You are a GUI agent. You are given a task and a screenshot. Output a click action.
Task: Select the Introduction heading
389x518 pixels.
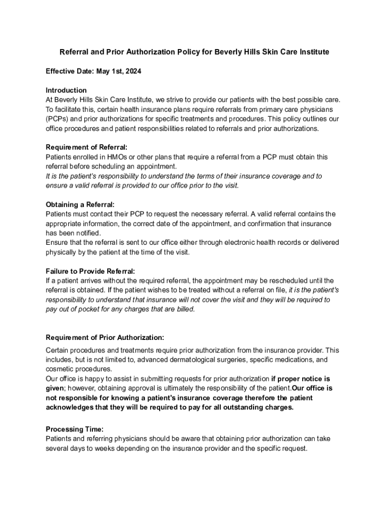(66, 90)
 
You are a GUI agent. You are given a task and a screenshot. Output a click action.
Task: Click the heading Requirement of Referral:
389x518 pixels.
(90, 147)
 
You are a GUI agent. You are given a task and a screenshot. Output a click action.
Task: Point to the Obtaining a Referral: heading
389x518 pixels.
(80, 204)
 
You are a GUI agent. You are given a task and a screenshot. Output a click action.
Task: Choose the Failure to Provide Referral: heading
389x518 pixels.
(90, 271)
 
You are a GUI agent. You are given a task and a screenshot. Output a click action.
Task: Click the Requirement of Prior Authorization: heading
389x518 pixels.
(105, 337)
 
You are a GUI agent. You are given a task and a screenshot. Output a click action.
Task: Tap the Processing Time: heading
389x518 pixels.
(74, 429)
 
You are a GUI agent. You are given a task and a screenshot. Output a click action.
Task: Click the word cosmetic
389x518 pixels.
(60, 369)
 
